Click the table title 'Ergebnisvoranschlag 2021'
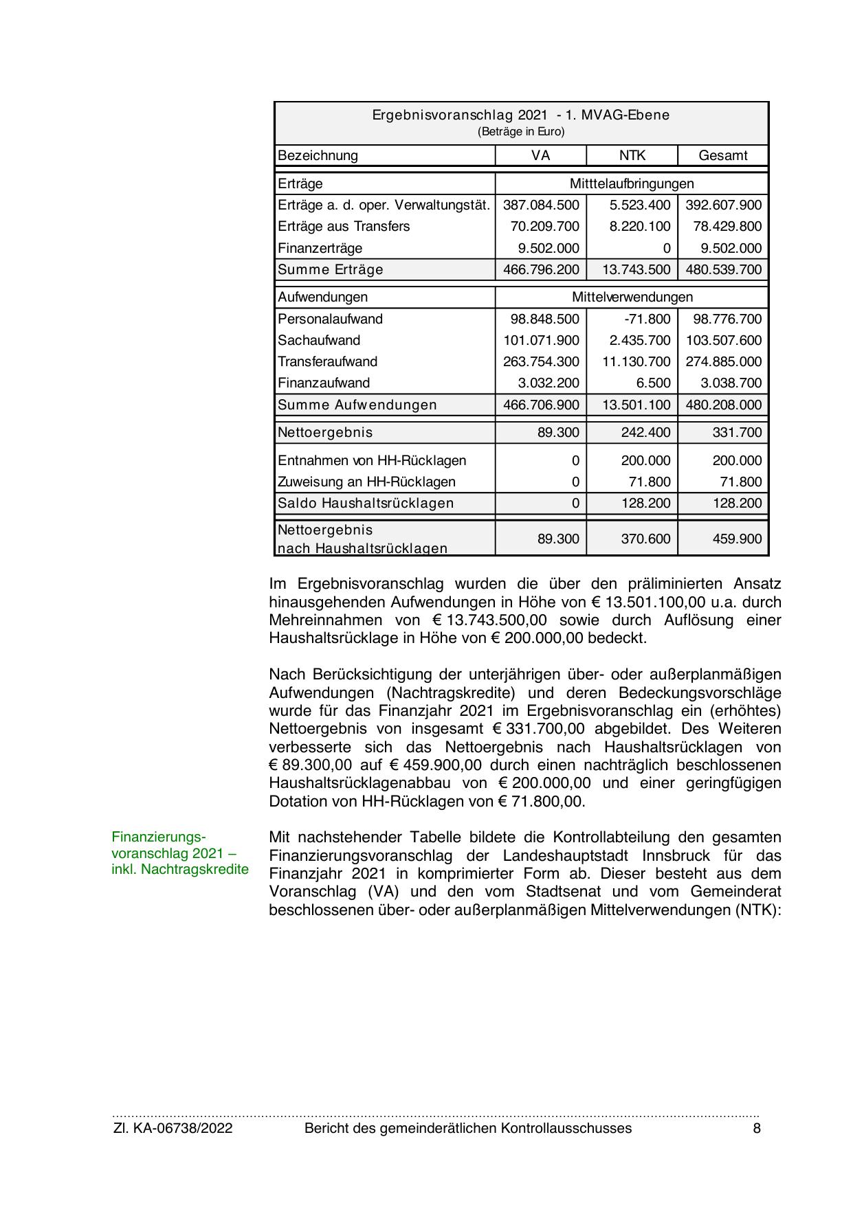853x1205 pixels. click(x=460, y=115)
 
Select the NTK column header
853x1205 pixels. click(x=632, y=155)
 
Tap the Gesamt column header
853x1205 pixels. click(x=722, y=155)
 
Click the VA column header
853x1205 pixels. click(x=540, y=155)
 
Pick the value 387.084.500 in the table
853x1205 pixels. click(x=541, y=205)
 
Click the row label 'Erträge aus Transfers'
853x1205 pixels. click(x=344, y=227)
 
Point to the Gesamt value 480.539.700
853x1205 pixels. click(x=723, y=270)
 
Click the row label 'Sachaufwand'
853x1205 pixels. click(x=319, y=341)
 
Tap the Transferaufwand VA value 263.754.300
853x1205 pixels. click(x=541, y=362)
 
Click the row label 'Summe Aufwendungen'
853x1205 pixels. click(x=357, y=405)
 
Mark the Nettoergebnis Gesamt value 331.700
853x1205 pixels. click(x=737, y=433)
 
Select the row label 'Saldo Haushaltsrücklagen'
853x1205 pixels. click(x=366, y=504)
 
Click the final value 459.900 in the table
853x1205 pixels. click(x=737, y=539)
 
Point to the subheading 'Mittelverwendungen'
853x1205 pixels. click(x=632, y=297)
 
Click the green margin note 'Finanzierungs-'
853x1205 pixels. click(x=159, y=837)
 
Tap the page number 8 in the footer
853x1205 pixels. click(x=757, y=1129)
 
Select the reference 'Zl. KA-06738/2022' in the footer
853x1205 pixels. click(x=173, y=1129)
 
